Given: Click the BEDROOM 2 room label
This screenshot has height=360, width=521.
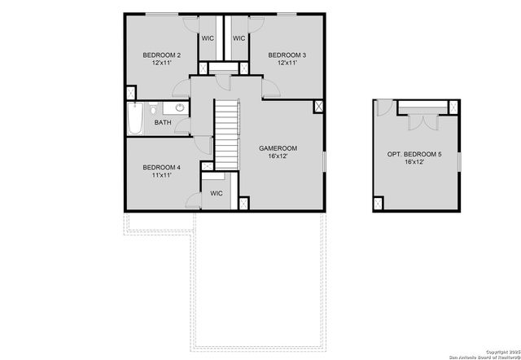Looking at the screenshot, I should (161, 55).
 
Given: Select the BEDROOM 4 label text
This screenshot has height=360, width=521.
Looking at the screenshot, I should (160, 168).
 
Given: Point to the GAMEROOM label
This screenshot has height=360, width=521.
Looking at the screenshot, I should (278, 148).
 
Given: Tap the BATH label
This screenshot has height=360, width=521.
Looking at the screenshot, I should (164, 123).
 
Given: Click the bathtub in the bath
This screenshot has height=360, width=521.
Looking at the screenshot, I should (135, 119).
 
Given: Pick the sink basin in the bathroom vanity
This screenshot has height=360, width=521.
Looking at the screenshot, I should (180, 108).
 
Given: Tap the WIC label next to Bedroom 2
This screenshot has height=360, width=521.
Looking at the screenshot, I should (208, 38).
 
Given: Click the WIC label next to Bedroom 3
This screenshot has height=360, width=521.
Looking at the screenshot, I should (239, 38).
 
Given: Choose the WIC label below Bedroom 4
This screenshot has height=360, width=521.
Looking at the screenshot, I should (217, 193).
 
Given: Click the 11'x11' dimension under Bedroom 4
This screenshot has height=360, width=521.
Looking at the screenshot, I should (160, 175).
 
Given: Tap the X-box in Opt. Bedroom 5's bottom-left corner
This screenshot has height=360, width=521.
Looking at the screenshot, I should (379, 203).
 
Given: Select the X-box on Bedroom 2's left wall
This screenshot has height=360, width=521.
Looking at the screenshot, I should (129, 94).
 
